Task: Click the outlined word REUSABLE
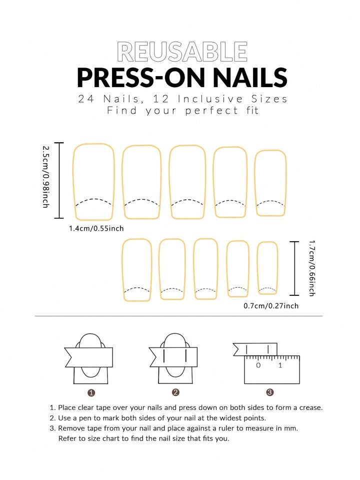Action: pos(182,52)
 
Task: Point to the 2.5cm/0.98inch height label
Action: pos(45,177)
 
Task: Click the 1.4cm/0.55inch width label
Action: pos(96,228)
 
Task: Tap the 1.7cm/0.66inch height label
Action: pos(311,268)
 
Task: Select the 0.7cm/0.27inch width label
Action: pos(271,306)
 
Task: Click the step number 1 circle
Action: pos(91,393)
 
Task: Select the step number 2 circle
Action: pos(175,392)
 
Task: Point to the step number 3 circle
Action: pos(270,392)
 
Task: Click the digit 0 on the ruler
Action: pos(258,365)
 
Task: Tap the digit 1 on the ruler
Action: pos(280,365)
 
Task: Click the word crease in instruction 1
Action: pos(311,408)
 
